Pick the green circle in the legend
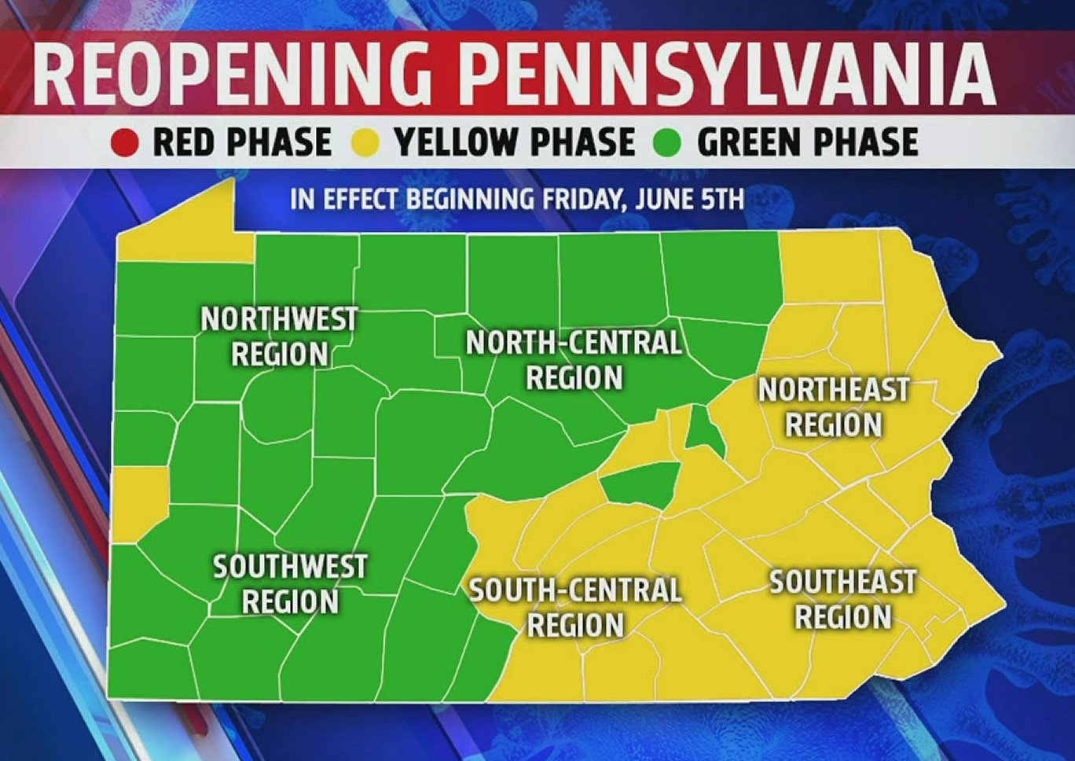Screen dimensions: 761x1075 [669, 143]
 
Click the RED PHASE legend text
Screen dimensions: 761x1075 [242, 143]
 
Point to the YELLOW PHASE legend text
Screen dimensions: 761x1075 [515, 143]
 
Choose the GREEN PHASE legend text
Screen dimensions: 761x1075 [807, 143]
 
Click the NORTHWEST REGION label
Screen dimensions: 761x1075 [279, 336]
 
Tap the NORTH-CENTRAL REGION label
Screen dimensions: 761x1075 [574, 360]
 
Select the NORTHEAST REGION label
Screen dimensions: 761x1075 [834, 407]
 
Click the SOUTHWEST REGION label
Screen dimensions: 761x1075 [290, 584]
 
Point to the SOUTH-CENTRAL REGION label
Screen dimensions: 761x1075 [575, 608]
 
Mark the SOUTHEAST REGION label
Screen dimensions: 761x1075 [842, 599]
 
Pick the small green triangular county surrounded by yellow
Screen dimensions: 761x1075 [703, 433]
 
